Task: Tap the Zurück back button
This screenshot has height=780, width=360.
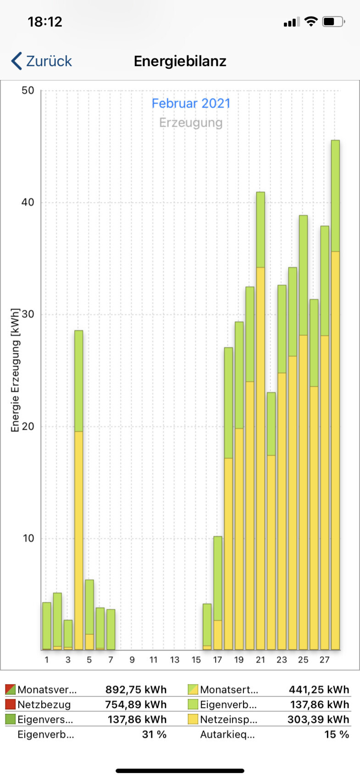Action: (x=42, y=61)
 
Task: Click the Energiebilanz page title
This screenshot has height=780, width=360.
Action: (x=180, y=61)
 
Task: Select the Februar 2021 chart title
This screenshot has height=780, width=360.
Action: (x=191, y=103)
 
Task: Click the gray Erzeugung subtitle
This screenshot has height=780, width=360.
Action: (x=191, y=123)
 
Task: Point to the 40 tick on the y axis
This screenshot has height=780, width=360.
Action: (x=28, y=202)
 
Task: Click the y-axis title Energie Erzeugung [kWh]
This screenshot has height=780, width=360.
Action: (x=16, y=370)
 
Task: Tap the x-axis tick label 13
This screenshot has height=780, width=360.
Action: (x=175, y=660)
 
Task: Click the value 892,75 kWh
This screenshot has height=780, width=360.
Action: (x=136, y=690)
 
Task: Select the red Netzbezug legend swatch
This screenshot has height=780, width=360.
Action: (x=10, y=704)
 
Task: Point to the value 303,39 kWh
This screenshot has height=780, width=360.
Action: (x=318, y=719)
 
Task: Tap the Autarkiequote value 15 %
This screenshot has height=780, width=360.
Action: (x=337, y=735)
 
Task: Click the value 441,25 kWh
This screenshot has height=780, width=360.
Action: (x=319, y=690)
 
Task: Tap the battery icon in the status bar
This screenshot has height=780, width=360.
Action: (x=333, y=22)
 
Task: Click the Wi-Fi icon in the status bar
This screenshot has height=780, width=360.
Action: (x=311, y=21)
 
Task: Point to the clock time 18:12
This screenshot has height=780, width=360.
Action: (x=44, y=22)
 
